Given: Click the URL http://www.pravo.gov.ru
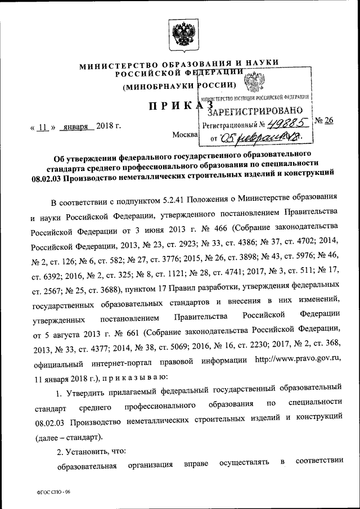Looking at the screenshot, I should (298, 360).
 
